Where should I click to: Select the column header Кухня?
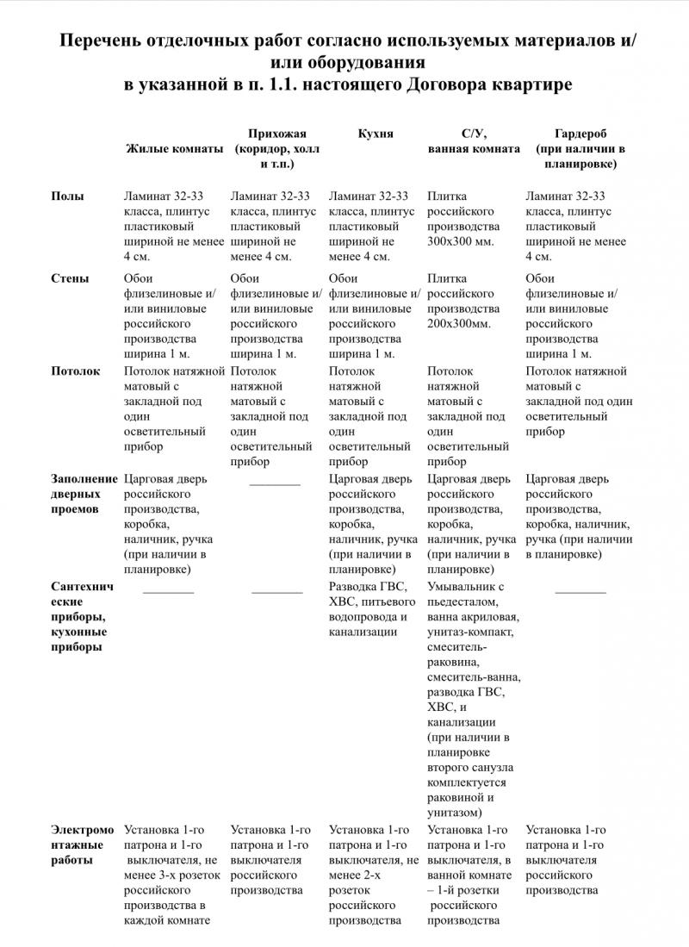[x=376, y=134]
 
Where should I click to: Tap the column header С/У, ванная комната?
[x=474, y=140]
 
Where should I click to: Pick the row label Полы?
[x=67, y=196]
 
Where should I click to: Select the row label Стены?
[x=70, y=278]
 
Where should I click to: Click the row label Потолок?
[x=76, y=371]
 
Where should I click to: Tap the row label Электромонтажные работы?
[x=82, y=844]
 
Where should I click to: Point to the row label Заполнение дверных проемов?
[x=84, y=494]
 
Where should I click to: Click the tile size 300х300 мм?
[x=461, y=241]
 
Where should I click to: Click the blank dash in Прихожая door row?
[x=275, y=483]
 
